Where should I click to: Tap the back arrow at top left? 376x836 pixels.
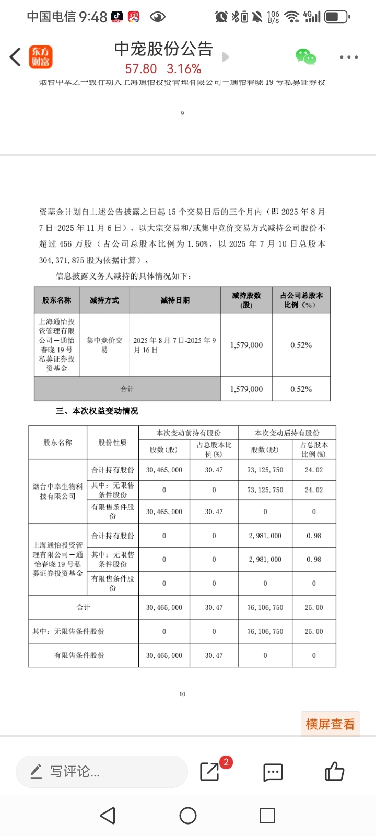pyautogui.click(x=15, y=57)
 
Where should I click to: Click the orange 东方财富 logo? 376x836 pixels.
pyautogui.click(x=40, y=57)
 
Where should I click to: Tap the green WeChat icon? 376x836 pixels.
pyautogui.click(x=305, y=56)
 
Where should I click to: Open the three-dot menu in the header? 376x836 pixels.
pyautogui.click(x=348, y=57)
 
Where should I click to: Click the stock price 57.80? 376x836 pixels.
pyautogui.click(x=141, y=69)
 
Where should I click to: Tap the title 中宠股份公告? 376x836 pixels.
pyautogui.click(x=163, y=49)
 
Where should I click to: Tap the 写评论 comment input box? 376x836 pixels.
pyautogui.click(x=101, y=771)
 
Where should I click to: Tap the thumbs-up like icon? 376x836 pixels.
pyautogui.click(x=334, y=771)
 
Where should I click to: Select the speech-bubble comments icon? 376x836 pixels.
pyautogui.click(x=273, y=772)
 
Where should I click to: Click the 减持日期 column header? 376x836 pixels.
pyautogui.click(x=175, y=300)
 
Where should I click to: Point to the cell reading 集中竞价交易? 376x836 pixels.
pyautogui.click(x=104, y=345)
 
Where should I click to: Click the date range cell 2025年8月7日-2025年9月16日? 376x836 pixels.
pyautogui.click(x=175, y=345)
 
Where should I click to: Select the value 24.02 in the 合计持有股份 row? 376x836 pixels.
pyautogui.click(x=313, y=470)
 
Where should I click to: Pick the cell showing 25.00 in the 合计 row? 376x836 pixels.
pyautogui.click(x=313, y=607)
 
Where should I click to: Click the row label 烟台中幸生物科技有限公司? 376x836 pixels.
pyautogui.click(x=57, y=491)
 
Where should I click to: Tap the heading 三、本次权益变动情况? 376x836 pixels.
pyautogui.click(x=97, y=411)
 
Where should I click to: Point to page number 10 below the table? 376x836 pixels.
pyautogui.click(x=182, y=694)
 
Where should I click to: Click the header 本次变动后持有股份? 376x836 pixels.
pyautogui.click(x=287, y=433)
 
